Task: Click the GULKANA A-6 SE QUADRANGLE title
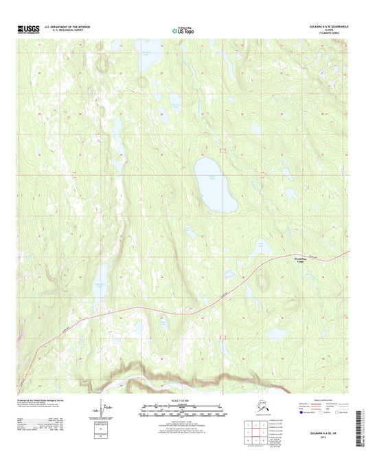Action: tap(321, 27)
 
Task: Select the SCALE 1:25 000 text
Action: tap(183, 400)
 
